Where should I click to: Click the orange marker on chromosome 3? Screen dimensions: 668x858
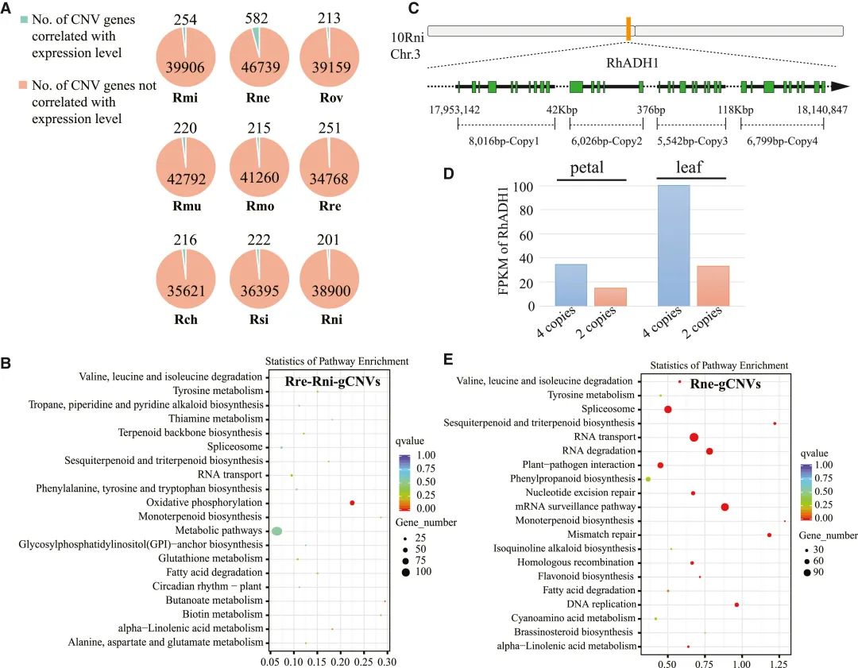628,29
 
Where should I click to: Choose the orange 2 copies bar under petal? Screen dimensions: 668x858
611,296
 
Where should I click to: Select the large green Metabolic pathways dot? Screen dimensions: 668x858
276,531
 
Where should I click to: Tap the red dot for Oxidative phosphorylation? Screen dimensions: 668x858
352,503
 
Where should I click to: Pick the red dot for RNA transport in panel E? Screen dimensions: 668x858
694,437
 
